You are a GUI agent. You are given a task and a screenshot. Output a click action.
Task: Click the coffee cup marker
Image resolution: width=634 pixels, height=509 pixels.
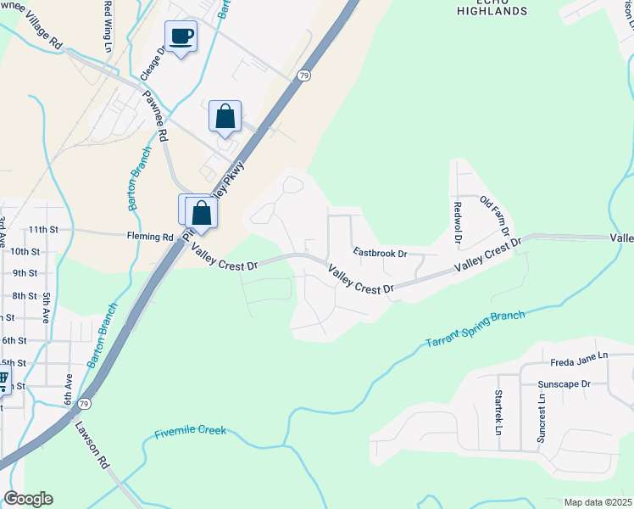pos(180,36)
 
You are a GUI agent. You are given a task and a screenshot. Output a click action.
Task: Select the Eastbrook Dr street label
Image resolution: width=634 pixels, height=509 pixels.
pos(381,253)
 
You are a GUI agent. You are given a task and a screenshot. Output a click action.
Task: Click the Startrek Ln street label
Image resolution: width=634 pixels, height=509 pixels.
pos(498,411)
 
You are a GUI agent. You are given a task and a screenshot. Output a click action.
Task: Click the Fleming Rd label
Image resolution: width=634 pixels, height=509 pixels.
pos(150,237)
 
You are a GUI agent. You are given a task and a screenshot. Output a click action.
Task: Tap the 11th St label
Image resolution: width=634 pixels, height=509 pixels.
pos(42,230)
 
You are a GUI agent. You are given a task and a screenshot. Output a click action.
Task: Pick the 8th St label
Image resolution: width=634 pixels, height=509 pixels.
pos(25,296)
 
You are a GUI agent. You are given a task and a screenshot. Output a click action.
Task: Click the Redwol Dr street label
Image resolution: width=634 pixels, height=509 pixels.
pos(458,222)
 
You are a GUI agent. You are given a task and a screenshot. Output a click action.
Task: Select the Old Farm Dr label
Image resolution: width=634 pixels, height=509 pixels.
pos(494,215)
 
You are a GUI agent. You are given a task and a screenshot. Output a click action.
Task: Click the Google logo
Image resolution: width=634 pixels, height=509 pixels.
pos(27,499)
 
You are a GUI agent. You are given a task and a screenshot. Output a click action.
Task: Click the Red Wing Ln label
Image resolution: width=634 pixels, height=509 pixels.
pos(108,25)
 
